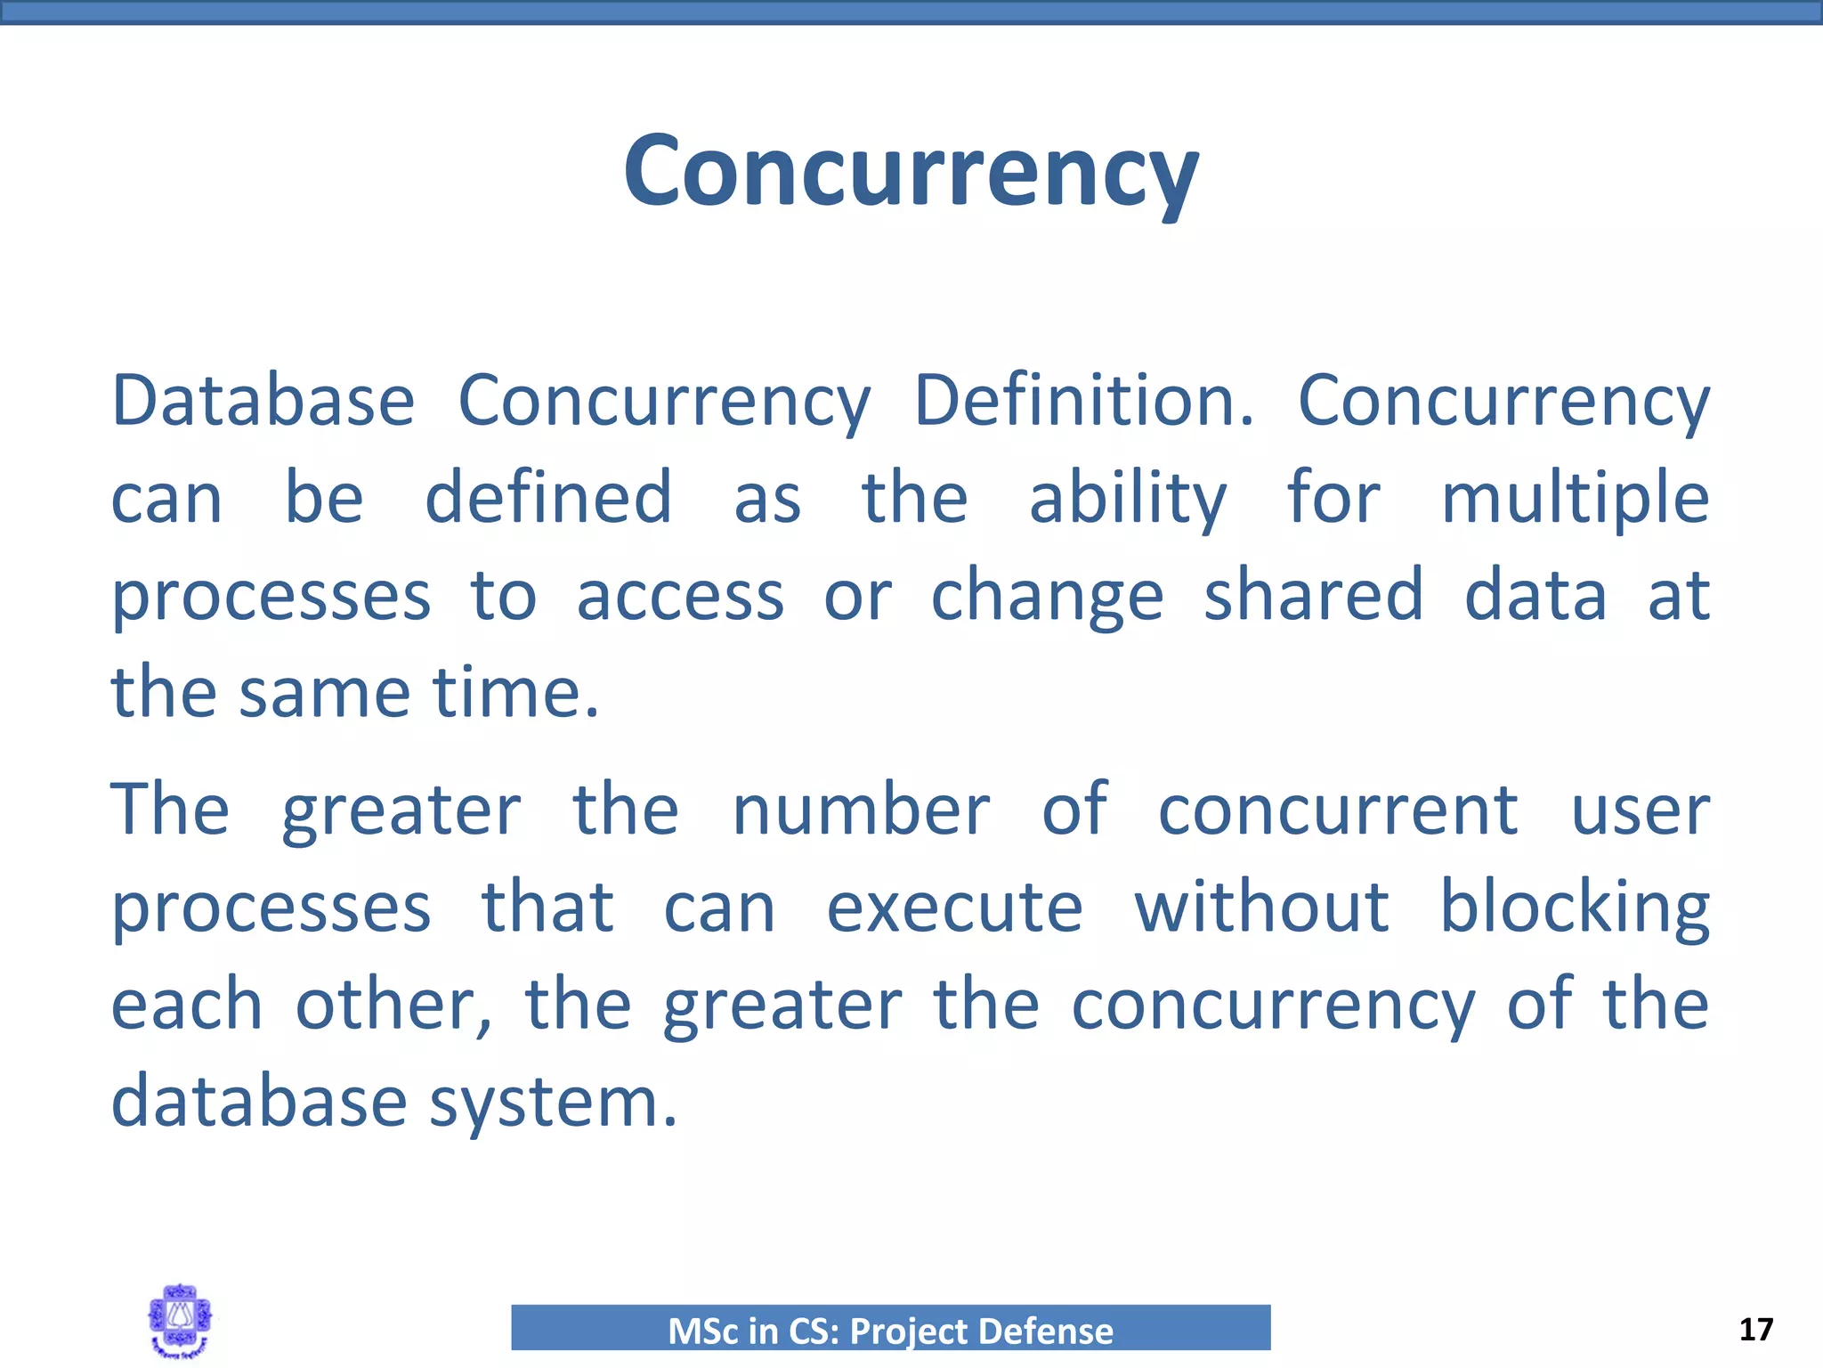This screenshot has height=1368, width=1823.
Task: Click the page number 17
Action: [1755, 1330]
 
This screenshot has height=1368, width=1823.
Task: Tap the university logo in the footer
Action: [180, 1321]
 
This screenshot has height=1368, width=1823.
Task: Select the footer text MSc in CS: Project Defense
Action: [890, 1331]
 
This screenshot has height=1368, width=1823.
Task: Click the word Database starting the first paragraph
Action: [263, 401]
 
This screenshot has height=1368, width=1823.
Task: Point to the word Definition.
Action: [1083, 401]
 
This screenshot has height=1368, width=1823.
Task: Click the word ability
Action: [1128, 499]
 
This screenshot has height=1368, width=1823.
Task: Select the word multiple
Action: [1575, 499]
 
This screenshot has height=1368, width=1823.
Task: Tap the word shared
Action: [1314, 595]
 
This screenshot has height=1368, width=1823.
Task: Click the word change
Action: [1047, 597]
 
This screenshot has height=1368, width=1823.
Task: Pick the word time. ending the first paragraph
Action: [516, 692]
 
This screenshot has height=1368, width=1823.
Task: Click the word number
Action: [861, 810]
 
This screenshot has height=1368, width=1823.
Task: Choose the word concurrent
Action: [1338, 810]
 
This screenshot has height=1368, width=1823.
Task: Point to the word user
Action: [1640, 811]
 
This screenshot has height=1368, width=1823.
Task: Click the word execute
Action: [954, 908]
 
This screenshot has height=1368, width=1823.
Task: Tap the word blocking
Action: [1575, 908]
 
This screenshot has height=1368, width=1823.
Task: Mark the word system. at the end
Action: [554, 1103]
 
